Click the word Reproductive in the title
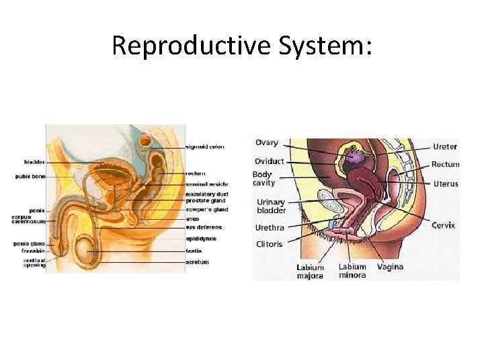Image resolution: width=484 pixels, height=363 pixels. [x=191, y=45]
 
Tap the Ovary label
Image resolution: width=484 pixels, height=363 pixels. [x=267, y=143]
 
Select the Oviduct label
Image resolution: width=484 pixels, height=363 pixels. [x=269, y=161]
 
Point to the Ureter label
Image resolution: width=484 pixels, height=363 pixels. [x=445, y=147]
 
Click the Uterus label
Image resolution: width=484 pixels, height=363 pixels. [x=446, y=184]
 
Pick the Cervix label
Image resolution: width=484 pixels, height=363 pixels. [x=444, y=225]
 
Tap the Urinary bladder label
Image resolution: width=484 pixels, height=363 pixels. [x=272, y=206]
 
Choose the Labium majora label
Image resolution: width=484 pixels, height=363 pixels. [x=310, y=272]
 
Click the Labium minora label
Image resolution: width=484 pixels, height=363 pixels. [x=352, y=271]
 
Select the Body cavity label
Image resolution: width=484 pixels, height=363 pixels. [x=264, y=179]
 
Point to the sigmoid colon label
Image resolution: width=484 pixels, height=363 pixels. [x=205, y=147]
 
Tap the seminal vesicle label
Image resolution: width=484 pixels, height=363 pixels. [x=206, y=184]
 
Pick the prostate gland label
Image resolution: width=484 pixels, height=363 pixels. [x=206, y=201]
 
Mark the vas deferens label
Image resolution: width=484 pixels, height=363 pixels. [x=203, y=227]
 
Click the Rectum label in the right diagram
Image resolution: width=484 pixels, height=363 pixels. [x=445, y=164]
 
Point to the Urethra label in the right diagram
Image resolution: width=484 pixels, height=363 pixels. [x=270, y=228]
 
